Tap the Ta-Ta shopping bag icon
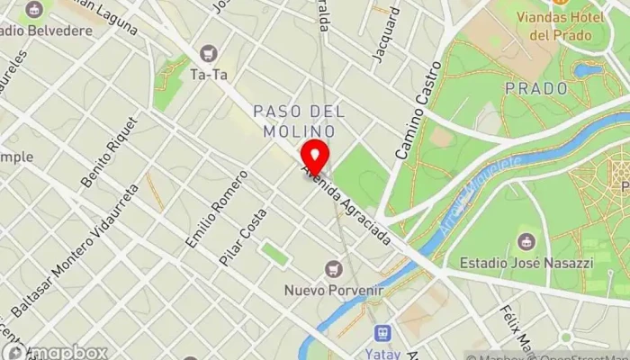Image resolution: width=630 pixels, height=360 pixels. click(209, 54)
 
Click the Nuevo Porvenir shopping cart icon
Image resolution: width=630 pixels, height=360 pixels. click(334, 268)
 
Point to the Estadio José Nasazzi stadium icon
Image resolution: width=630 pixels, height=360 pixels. click(526, 242)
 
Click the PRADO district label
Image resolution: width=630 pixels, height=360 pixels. click(536, 89)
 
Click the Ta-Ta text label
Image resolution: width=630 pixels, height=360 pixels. click(209, 75)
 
